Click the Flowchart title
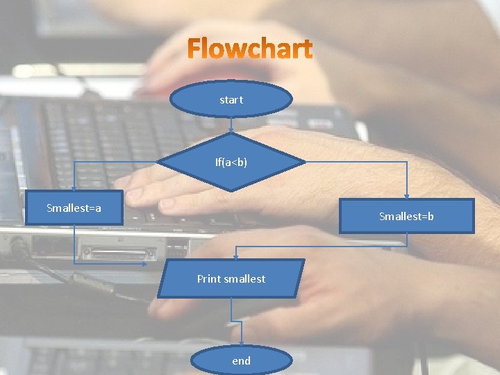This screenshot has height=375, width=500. tap(251, 49)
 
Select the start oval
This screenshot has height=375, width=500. tap(231, 99)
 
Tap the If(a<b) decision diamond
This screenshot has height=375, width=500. tap(231, 162)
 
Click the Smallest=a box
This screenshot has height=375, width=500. tap(74, 208)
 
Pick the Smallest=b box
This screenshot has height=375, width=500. tap(406, 216)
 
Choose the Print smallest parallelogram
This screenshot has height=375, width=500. tap(231, 278)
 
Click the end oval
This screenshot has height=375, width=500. tap(242, 360)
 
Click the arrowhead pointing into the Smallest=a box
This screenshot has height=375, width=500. tap(75, 187)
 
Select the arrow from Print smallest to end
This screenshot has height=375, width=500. tap(242, 322)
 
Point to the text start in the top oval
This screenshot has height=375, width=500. tap(231, 99)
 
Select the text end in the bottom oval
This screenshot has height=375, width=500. tap(242, 360)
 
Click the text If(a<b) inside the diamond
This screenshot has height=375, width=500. tap(231, 162)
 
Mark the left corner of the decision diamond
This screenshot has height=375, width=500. tap(159, 162)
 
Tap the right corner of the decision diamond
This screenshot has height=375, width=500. tap(304, 162)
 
